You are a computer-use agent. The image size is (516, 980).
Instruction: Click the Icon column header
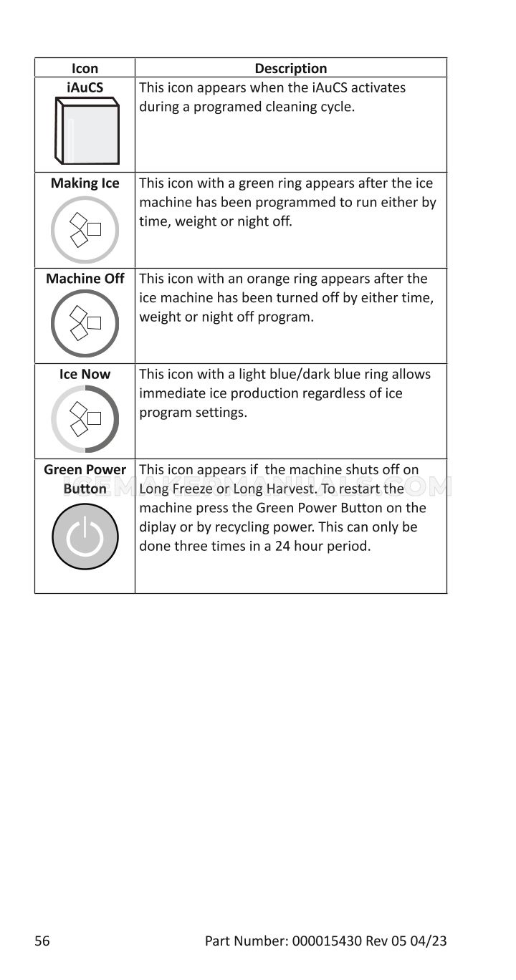pos(85,69)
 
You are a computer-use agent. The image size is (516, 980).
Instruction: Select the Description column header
pos(290,69)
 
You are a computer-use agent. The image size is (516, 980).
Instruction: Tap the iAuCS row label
pos(85,88)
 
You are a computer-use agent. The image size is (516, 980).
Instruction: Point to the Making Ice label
pos(85,183)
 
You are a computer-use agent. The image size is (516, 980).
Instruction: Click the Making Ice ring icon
pos(85,229)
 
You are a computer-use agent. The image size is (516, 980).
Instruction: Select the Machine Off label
pos(85,279)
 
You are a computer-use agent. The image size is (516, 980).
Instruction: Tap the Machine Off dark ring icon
pos(85,324)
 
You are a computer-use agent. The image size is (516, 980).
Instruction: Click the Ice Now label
pos(85,374)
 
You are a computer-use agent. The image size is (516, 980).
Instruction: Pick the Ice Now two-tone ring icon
pos(85,419)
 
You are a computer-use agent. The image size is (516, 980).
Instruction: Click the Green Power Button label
pos(85,479)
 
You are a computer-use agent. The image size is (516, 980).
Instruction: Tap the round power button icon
pos(85,537)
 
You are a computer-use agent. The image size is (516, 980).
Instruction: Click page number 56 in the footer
pos(42,941)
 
